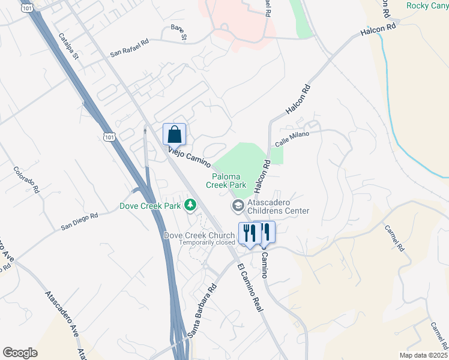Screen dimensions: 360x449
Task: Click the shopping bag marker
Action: click(x=175, y=134)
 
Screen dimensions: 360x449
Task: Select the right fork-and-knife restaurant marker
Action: click(x=265, y=232)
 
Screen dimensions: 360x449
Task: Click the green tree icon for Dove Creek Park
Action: click(x=190, y=206)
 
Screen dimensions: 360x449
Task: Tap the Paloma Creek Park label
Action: click(x=229, y=181)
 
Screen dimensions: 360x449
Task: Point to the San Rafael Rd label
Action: click(x=129, y=49)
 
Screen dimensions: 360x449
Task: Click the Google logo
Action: click(x=20, y=353)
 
